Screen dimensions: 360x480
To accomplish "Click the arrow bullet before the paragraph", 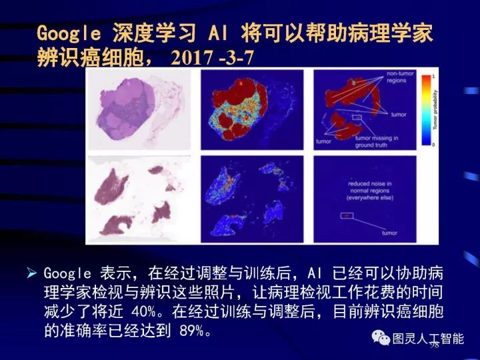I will pos(31,273).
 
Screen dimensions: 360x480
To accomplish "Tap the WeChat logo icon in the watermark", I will pos(381,338).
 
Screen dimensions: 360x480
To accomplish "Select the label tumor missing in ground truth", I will pos(377,141).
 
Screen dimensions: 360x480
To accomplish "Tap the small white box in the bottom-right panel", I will pos(346,215).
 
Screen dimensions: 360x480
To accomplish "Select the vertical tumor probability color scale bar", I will pos(423,110).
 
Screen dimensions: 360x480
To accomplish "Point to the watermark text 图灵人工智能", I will pos(427,338).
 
